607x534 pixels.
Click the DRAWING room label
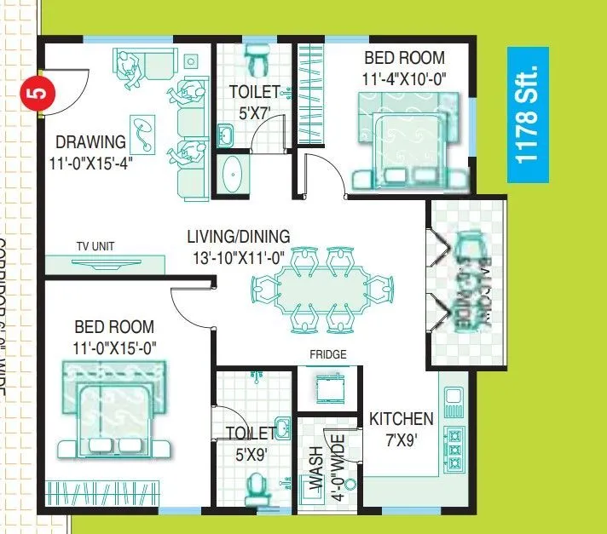(x=90, y=141)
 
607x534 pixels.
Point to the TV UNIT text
(x=95, y=247)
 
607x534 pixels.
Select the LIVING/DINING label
(x=239, y=237)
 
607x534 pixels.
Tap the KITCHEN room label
(x=401, y=419)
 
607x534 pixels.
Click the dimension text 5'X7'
(x=253, y=110)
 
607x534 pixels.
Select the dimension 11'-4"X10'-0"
(x=405, y=78)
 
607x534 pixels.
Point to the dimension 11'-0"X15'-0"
(x=114, y=347)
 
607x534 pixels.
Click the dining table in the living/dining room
(x=328, y=289)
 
